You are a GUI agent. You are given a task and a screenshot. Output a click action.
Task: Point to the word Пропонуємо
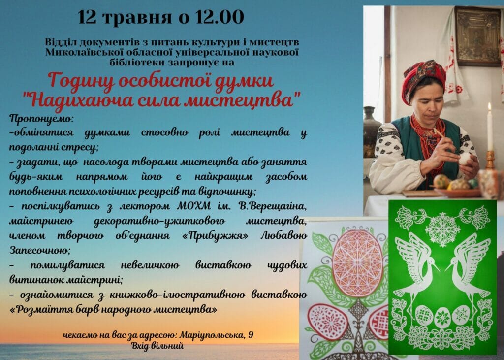(x=41, y=119)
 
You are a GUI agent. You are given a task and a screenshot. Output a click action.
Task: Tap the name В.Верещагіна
(x=273, y=206)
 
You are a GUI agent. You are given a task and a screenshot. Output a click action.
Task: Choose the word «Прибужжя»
(x=215, y=236)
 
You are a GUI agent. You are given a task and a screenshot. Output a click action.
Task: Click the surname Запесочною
(x=39, y=250)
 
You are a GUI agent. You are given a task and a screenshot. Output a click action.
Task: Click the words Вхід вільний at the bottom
(x=157, y=346)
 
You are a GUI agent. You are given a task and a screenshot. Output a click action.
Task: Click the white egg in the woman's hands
(x=465, y=159)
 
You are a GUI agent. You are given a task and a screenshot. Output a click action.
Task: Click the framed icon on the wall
(x=477, y=36)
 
